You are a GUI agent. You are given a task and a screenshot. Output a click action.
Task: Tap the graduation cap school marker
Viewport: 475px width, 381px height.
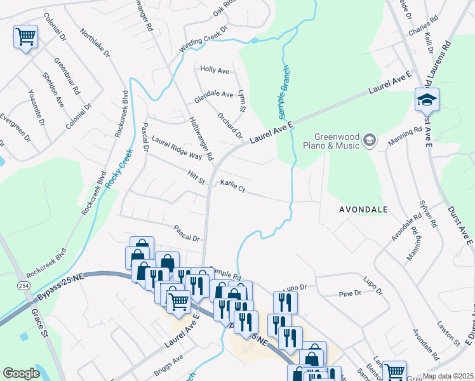pos(427,99)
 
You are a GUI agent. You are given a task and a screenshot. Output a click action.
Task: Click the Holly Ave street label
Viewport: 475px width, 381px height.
pos(214,70)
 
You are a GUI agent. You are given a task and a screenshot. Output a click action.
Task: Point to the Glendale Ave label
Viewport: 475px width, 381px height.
pos(214,95)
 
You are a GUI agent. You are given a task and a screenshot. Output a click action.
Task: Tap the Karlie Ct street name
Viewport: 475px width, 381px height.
pos(232,185)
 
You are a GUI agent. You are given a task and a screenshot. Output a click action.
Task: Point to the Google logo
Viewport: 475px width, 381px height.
pos(21,373)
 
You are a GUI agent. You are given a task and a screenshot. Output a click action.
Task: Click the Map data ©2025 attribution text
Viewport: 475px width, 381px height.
pos(447,376)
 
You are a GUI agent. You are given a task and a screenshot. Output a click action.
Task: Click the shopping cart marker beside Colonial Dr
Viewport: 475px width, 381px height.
pos(25,37)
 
